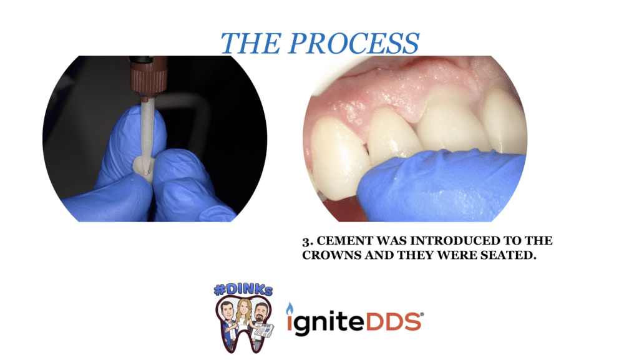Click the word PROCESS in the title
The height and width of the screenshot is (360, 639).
(354, 43)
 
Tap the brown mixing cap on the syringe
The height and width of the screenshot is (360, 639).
(149, 77)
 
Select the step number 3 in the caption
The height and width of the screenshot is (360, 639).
(307, 242)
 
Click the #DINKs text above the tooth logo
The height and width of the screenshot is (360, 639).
(243, 290)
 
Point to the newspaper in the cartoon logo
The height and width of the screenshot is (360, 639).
(264, 331)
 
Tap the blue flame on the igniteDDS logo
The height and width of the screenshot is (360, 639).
(290, 309)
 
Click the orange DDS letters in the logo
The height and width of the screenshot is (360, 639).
(394, 322)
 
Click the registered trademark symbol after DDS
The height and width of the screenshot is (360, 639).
(422, 314)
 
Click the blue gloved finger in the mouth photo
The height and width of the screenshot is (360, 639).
(440, 186)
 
